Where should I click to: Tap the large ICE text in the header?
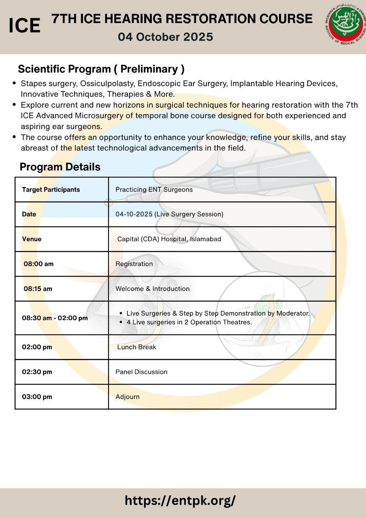click(x=24, y=26)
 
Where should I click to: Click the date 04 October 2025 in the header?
click(x=165, y=37)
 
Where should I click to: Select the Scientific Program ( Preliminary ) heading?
click(x=101, y=69)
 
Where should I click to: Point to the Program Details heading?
click(x=60, y=167)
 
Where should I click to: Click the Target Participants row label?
click(x=51, y=189)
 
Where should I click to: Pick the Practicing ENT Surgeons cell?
click(x=154, y=189)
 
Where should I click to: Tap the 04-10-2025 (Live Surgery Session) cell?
click(x=169, y=214)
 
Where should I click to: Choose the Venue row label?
click(x=32, y=239)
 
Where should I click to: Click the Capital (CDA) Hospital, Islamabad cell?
click(x=169, y=239)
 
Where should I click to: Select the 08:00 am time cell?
click(x=38, y=264)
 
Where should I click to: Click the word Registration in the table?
click(x=134, y=264)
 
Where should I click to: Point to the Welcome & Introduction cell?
click(x=152, y=289)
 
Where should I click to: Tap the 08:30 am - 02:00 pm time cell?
click(x=55, y=318)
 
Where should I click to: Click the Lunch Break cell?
click(x=136, y=347)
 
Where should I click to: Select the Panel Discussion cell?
click(x=141, y=372)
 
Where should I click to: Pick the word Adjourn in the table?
click(x=128, y=397)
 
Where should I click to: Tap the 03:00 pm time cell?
click(x=37, y=397)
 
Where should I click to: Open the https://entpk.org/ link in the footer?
click(x=180, y=501)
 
